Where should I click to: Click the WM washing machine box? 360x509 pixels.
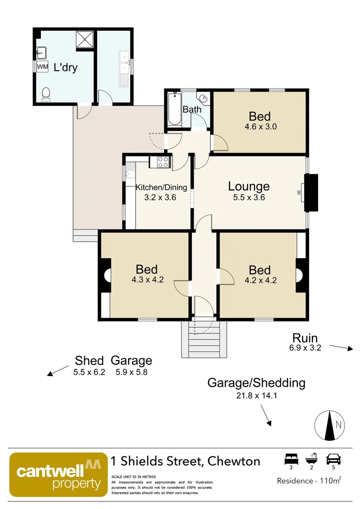click(42, 67)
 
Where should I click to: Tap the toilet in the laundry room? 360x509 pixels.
click(46, 94)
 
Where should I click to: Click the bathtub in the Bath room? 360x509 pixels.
click(174, 109)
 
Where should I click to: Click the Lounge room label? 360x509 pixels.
click(249, 186)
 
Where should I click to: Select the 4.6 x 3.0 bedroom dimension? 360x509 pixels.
click(260, 126)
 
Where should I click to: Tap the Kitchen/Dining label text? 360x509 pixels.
click(161, 187)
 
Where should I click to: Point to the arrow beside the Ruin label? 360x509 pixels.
click(341, 348)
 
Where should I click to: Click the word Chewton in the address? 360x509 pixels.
click(234, 460)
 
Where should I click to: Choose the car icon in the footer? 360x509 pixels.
click(334, 459)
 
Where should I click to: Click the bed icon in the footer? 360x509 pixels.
click(291, 459)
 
